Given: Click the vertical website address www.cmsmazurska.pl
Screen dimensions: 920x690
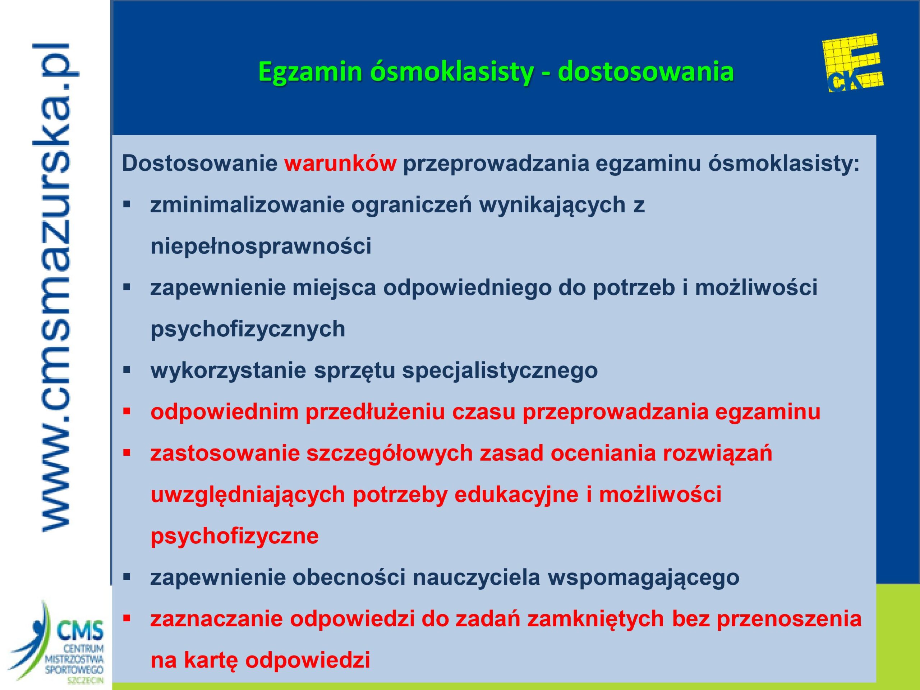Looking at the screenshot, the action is point(56,287).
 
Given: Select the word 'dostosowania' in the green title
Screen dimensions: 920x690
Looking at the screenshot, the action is point(646,72).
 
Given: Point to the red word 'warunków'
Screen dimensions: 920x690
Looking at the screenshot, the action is point(340,164).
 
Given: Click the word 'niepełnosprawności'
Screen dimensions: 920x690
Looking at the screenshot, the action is point(261,247).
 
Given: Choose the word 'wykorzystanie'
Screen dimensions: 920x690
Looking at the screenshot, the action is point(228,371).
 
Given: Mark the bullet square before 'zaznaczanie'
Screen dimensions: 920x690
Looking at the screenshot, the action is point(127,618).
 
